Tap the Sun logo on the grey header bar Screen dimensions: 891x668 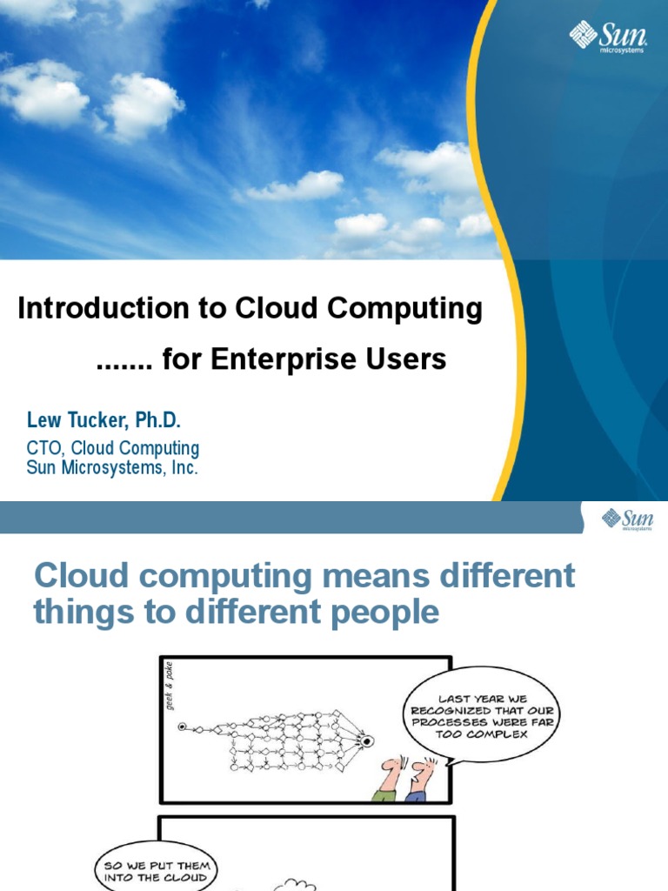coord(627,520)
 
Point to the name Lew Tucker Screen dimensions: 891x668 coord(79,421)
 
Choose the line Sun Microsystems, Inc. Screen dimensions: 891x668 coord(113,468)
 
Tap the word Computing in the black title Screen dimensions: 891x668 coord(412,309)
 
